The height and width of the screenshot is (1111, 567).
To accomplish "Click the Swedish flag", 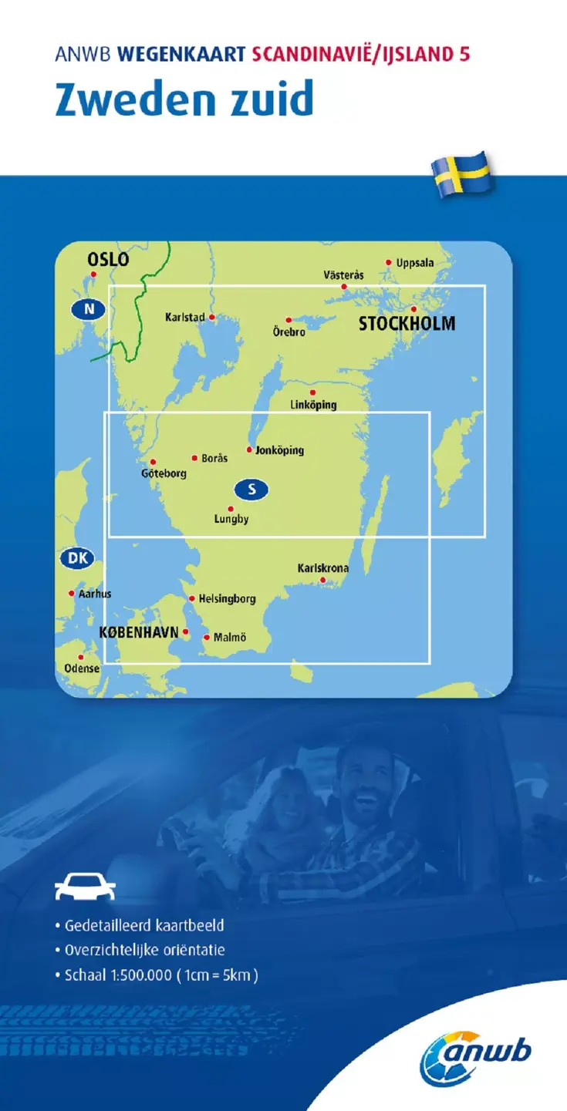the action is (x=463, y=175).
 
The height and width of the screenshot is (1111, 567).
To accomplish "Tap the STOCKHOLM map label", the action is (x=407, y=324).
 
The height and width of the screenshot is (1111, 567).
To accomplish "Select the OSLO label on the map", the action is (x=108, y=260).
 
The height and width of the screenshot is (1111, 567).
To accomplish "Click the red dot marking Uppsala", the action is (x=389, y=262).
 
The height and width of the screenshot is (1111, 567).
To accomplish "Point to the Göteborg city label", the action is (x=164, y=473).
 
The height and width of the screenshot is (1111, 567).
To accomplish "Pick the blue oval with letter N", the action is (x=89, y=310).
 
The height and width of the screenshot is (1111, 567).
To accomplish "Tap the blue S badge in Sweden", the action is (x=251, y=488).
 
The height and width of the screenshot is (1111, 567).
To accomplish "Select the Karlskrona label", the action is (x=323, y=568).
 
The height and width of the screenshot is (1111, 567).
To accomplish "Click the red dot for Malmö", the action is (x=206, y=637).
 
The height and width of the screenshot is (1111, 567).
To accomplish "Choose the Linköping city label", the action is (x=313, y=404).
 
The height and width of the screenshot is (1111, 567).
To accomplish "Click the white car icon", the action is (x=85, y=887).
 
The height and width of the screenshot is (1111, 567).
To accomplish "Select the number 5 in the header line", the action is (x=464, y=53).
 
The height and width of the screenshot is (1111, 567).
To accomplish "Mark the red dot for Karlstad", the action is (x=211, y=316).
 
